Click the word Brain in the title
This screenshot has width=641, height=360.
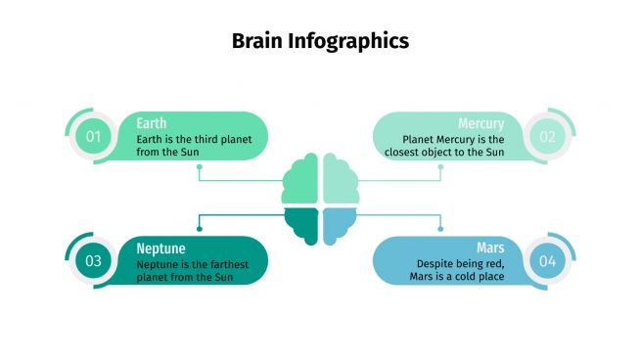[x=256, y=41]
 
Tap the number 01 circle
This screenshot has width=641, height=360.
[x=93, y=137]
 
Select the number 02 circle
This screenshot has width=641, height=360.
[x=547, y=137]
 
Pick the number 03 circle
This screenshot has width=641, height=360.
[x=93, y=261]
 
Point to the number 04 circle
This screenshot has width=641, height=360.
[x=547, y=261]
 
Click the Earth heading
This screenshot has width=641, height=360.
[x=152, y=123]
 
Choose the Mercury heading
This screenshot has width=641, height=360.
[x=481, y=123]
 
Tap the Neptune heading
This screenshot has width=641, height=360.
[x=161, y=248]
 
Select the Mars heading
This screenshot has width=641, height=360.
[x=490, y=248]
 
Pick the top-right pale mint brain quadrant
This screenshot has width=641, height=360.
[x=339, y=181]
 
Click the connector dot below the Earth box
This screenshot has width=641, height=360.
[x=200, y=166]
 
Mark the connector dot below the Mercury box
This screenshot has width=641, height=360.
[x=440, y=166]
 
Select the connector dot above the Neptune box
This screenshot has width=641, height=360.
[x=200, y=229]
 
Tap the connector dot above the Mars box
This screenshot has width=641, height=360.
[x=440, y=229]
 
